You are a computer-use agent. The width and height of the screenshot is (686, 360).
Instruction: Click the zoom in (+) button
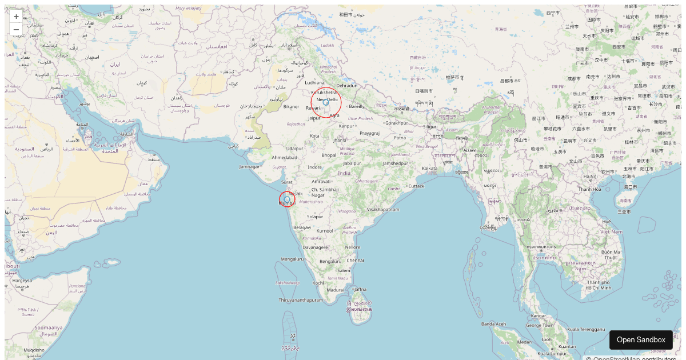point(16,17)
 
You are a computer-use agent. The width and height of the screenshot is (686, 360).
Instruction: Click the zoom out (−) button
point(16,29)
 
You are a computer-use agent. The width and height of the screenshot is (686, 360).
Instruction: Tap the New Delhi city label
point(327,99)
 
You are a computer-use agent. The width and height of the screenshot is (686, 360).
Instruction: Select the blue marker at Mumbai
point(287,199)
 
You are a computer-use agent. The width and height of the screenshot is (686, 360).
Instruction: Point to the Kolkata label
point(429,168)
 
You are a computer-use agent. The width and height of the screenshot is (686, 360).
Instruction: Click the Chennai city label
point(355,260)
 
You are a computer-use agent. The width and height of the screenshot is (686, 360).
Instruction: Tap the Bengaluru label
point(330,262)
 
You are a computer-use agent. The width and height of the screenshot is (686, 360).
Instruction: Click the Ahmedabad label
point(284,157)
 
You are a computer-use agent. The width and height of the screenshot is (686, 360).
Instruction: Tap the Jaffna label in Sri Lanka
point(360,290)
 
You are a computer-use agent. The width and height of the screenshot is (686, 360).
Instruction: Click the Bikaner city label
point(291,107)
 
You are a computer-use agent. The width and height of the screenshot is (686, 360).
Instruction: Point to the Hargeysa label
point(23,281)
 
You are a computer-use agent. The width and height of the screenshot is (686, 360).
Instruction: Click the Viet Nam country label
point(611,231)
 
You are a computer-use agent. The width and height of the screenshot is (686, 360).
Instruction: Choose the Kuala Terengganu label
point(585,329)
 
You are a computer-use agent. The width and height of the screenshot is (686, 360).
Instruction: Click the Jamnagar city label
point(249,166)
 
